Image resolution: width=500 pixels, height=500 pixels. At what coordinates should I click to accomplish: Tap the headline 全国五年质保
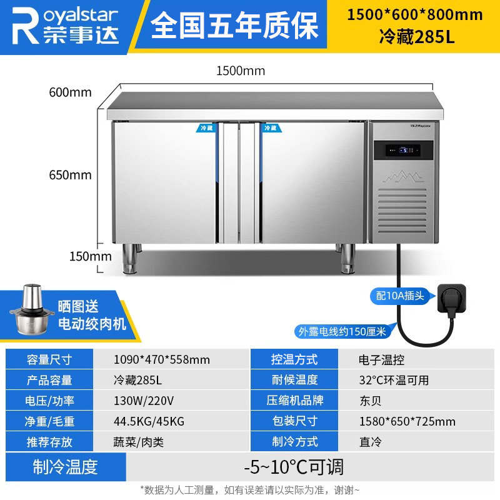point(235,26)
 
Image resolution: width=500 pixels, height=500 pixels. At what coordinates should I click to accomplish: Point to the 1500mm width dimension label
point(241,71)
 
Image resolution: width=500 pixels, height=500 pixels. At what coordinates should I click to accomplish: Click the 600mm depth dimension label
point(71,92)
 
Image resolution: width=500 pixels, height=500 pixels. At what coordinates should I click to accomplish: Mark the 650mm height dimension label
point(71,175)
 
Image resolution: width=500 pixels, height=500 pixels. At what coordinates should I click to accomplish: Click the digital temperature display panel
point(403,150)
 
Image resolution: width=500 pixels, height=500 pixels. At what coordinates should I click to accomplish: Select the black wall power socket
point(451,294)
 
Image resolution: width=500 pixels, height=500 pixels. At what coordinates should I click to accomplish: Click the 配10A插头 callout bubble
point(401,296)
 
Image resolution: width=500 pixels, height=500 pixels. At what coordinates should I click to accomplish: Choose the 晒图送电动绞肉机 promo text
point(91,315)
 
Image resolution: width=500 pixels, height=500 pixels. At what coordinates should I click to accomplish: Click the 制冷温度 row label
point(65,466)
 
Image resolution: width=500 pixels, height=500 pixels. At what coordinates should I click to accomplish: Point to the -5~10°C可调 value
point(294,467)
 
